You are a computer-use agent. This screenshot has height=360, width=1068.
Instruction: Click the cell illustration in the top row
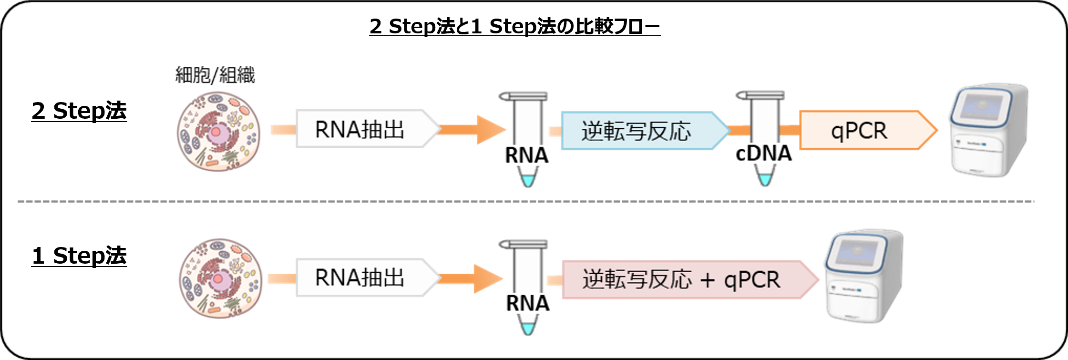[x=218, y=130]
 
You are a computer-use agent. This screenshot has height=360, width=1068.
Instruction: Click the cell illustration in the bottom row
[x=220, y=277]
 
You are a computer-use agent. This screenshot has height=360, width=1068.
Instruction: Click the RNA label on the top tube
[x=527, y=155]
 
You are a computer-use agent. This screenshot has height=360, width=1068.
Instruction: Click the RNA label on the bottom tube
[x=527, y=303]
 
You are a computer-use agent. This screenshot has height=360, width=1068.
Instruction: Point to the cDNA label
[x=762, y=154]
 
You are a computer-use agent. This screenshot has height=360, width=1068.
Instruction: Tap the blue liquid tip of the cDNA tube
[x=765, y=180]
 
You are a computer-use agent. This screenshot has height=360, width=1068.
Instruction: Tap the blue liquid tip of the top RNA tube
[x=528, y=181]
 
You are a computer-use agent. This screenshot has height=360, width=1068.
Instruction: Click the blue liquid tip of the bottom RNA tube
[x=528, y=329]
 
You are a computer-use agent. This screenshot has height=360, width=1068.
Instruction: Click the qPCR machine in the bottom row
[x=864, y=277]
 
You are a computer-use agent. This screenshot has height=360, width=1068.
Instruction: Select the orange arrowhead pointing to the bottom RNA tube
[x=487, y=278]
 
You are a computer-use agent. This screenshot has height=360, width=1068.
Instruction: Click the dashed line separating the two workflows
[x=524, y=202]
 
